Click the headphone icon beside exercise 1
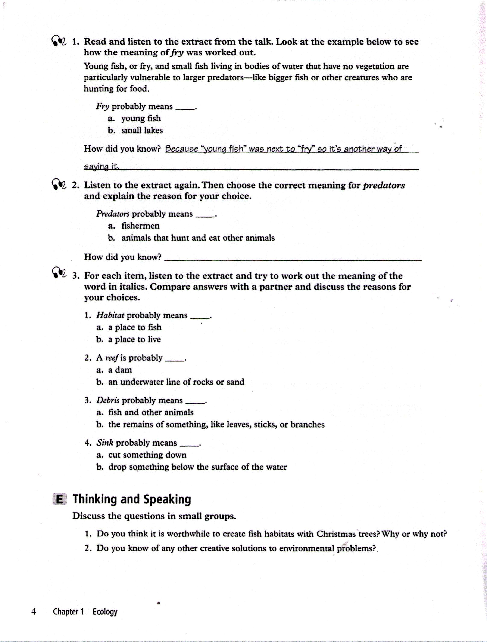59,41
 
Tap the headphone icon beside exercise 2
59,185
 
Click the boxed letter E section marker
59,499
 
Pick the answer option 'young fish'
141,118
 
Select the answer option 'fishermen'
140,226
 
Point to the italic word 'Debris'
108,400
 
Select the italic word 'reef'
112,358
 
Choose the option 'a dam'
120,370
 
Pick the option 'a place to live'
134,339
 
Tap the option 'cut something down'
147,455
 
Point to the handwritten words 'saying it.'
102,166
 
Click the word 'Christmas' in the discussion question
336,534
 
